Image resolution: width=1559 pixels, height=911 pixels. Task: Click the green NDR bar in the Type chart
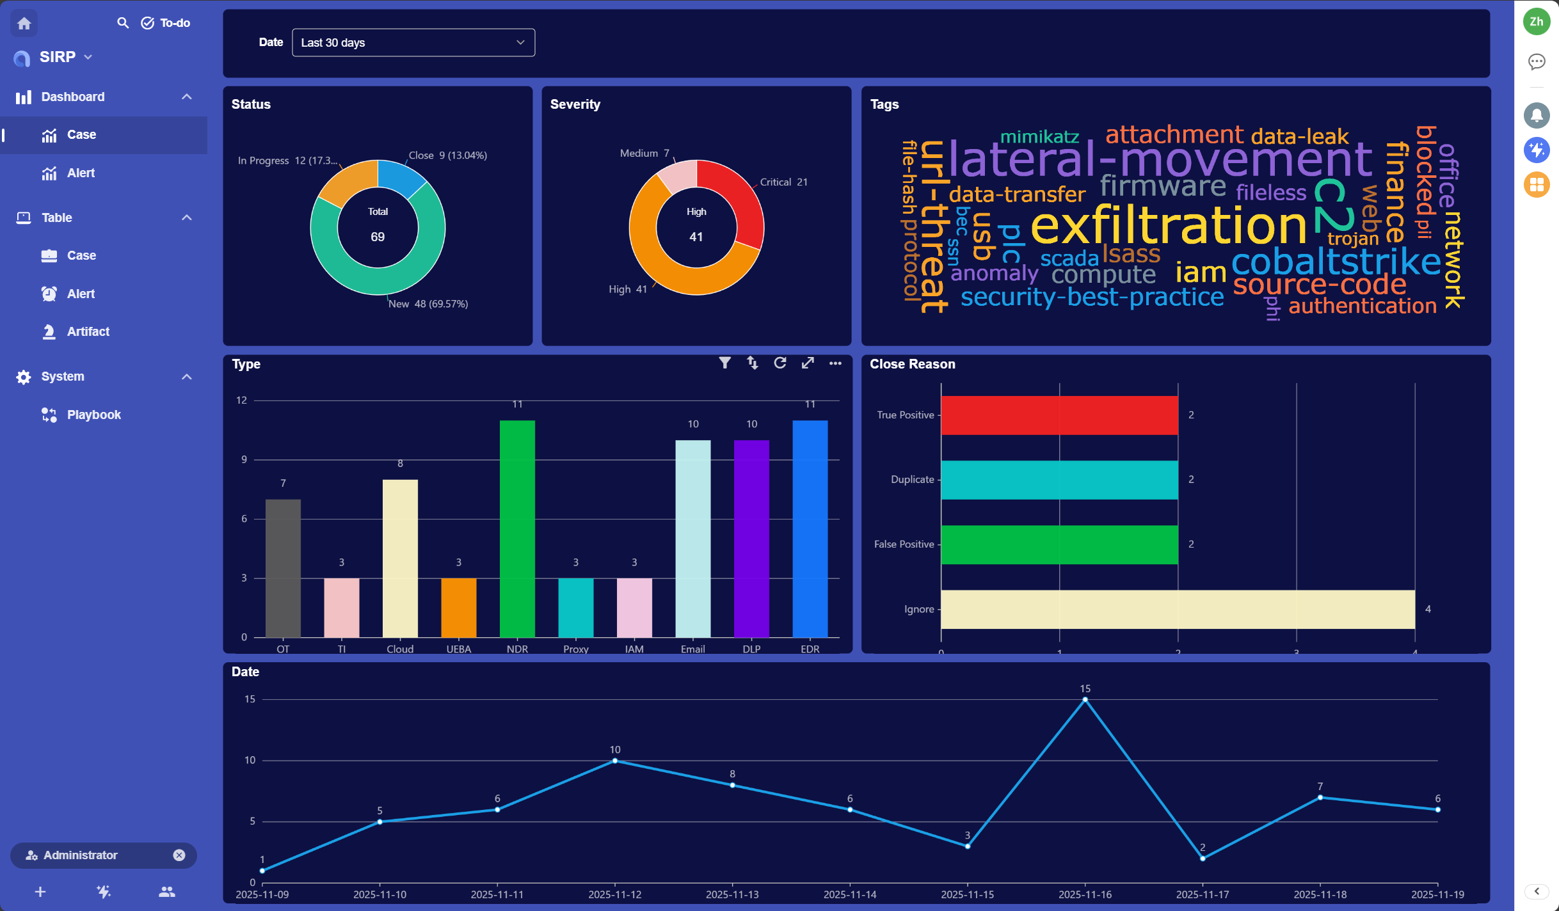[517, 528]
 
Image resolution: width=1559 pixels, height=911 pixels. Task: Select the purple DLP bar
[751, 539]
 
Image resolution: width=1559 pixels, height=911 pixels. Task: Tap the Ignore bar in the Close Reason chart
[1178, 609]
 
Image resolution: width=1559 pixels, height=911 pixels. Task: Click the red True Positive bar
[1059, 415]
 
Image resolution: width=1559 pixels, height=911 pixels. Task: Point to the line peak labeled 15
[1085, 700]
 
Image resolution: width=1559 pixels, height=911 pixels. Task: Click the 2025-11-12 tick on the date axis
[614, 894]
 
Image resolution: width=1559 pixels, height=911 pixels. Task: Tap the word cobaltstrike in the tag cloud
[1336, 262]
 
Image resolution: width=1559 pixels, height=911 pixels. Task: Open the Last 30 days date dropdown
[413, 43]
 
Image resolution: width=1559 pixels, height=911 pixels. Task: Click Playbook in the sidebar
[93, 415]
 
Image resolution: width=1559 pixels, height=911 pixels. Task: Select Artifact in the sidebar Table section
[88, 331]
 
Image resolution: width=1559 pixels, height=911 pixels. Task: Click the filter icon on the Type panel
[724, 363]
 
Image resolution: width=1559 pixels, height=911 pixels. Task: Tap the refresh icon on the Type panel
[779, 363]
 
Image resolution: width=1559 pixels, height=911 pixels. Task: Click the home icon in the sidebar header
[24, 24]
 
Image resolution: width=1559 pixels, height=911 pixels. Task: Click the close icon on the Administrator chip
[179, 855]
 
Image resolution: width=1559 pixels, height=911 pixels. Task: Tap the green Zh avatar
[1536, 22]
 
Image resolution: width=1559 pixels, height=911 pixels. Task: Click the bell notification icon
[1536, 116]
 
